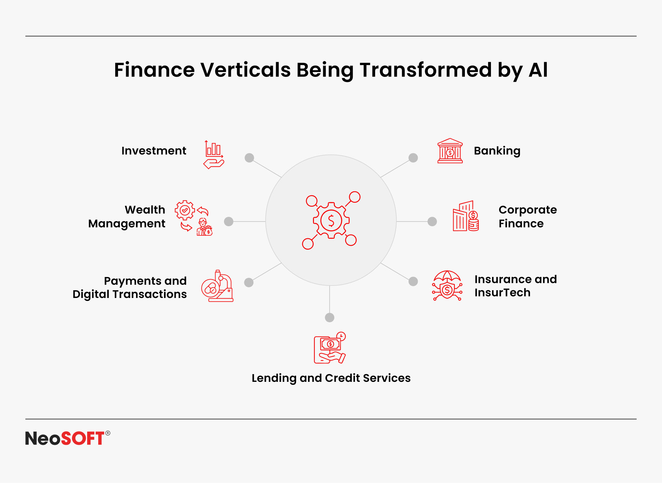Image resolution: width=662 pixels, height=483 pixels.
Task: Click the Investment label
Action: (154, 151)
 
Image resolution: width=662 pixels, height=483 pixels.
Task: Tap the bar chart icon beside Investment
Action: (214, 155)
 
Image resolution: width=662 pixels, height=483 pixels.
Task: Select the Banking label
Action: (497, 151)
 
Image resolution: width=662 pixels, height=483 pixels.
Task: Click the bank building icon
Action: (450, 150)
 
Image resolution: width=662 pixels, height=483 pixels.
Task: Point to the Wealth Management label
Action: (127, 217)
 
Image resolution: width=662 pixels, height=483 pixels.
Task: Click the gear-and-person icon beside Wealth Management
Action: (194, 218)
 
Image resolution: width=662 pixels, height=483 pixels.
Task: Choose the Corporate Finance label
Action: (527, 217)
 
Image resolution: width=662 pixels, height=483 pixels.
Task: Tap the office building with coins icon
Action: (466, 216)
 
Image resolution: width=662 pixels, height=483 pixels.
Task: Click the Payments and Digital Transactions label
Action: (129, 288)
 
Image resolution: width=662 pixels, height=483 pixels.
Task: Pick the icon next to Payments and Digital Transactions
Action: (217, 286)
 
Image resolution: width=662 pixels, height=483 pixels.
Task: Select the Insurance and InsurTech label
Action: (515, 286)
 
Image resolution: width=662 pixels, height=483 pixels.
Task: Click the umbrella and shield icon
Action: (447, 286)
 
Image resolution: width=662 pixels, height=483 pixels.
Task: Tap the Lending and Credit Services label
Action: (331, 378)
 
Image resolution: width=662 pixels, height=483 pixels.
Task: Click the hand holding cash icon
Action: (330, 348)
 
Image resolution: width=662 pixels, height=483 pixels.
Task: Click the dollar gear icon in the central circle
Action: (331, 220)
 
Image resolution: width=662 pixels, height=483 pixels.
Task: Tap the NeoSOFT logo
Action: (68, 438)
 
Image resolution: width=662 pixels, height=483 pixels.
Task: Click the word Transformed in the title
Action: (426, 70)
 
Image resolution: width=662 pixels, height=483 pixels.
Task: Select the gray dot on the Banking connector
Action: (413, 158)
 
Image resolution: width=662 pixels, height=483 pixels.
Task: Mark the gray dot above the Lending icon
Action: (330, 317)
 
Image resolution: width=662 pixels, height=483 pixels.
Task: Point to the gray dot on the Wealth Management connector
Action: (229, 221)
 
